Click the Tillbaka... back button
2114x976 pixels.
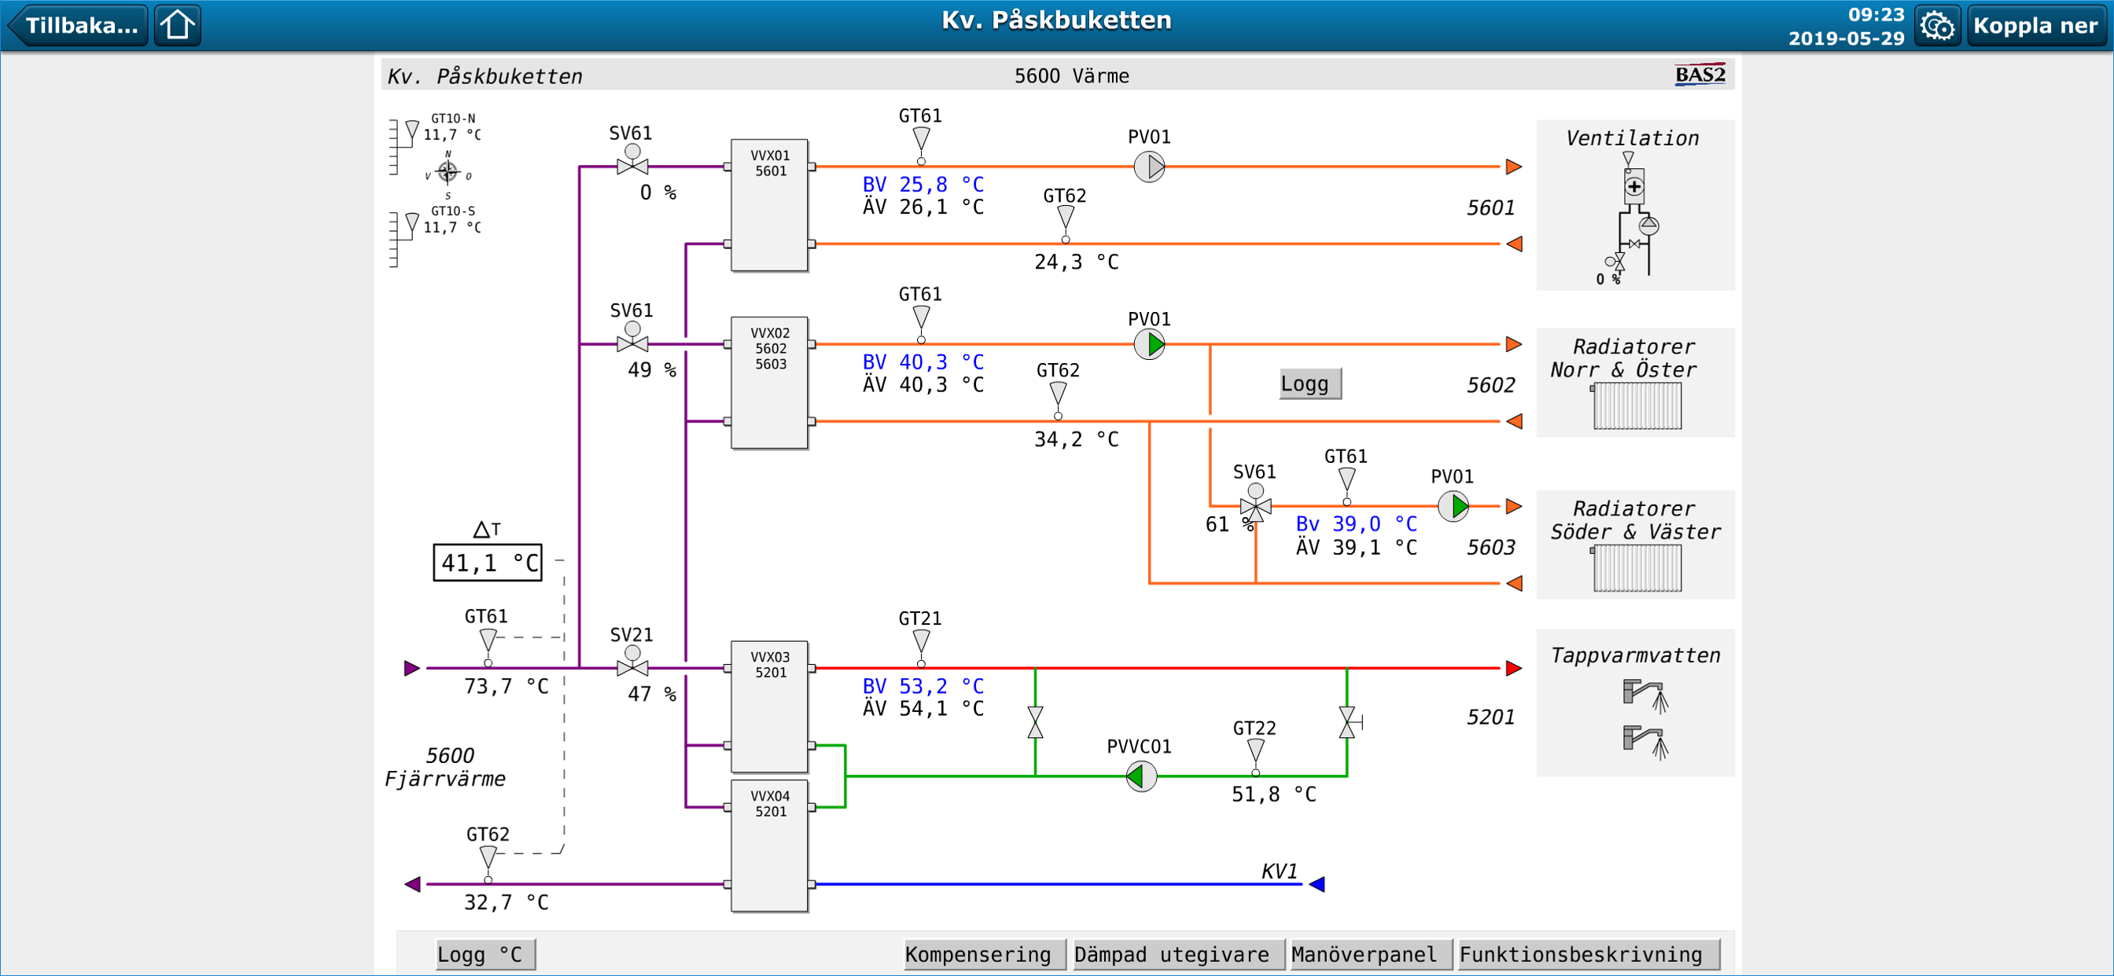(x=78, y=24)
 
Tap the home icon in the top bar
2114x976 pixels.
(x=177, y=24)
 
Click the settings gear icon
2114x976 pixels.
(x=1938, y=25)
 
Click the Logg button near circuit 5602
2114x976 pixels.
(x=1309, y=383)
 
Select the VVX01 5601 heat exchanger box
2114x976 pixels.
(x=769, y=205)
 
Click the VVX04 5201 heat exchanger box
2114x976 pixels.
(x=769, y=846)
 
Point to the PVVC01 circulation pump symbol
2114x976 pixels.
(x=1140, y=776)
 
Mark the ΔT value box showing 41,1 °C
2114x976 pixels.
(x=488, y=563)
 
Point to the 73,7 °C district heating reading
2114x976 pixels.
(x=506, y=687)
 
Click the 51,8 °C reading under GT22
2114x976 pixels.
(x=1273, y=794)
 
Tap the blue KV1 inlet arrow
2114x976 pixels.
(x=1317, y=884)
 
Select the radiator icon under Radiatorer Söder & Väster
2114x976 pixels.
(x=1637, y=568)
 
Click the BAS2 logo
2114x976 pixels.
(x=1700, y=75)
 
